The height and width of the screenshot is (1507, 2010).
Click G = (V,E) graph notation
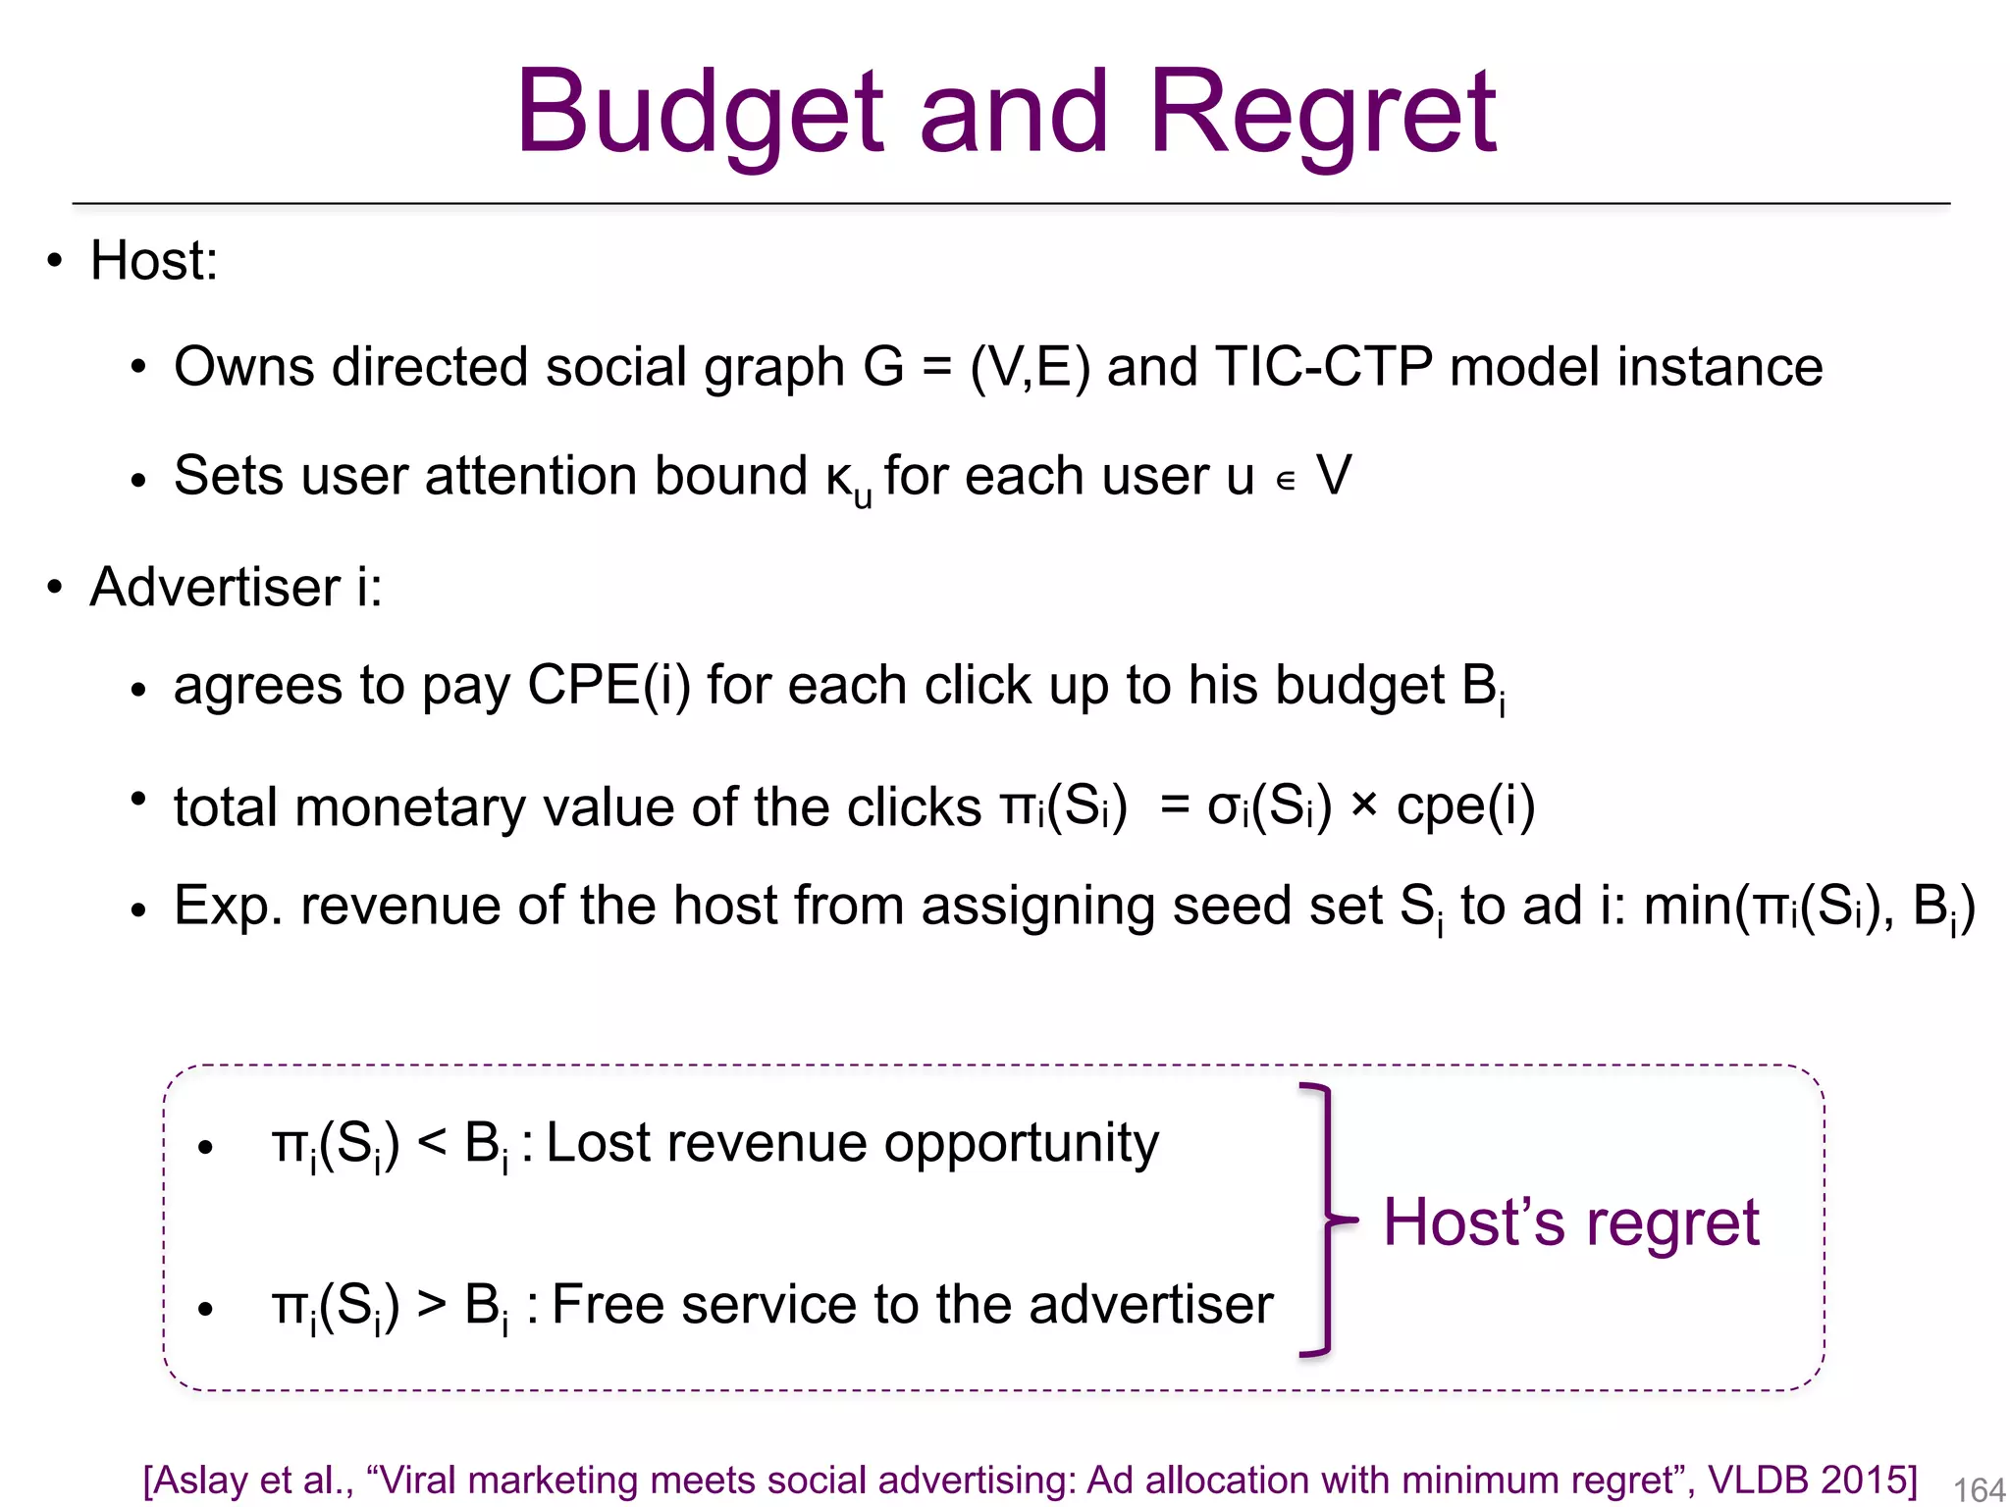(977, 367)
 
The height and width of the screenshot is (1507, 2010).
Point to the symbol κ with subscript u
(847, 481)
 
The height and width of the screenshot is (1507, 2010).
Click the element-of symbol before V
(1286, 481)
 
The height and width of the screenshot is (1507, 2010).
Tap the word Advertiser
(214, 587)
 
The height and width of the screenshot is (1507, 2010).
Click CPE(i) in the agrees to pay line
(608, 685)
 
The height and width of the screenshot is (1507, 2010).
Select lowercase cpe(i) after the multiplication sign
(1465, 806)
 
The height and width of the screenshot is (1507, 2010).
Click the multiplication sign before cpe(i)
(1363, 806)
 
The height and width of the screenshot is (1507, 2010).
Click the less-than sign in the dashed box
(432, 1144)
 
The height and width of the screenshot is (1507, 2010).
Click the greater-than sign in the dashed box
(432, 1306)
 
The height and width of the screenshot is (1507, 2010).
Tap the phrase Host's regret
(1570, 1222)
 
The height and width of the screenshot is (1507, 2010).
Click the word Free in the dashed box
(608, 1306)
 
